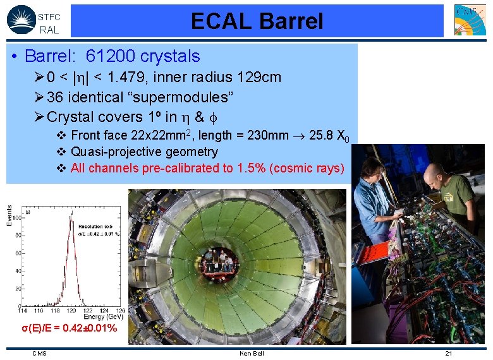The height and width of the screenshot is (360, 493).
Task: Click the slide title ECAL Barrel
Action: coord(257,21)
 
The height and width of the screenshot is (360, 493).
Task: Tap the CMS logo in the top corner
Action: coord(470,20)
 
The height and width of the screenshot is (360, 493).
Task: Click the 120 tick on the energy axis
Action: coord(75,311)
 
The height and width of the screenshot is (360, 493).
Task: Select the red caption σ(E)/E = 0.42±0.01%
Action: coord(69,328)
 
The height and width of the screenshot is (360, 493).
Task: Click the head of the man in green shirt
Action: coord(434,171)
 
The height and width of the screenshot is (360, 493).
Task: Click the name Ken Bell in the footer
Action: coord(252,353)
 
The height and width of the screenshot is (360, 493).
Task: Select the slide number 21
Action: coord(448,353)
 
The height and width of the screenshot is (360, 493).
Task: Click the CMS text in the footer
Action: coord(39,353)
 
